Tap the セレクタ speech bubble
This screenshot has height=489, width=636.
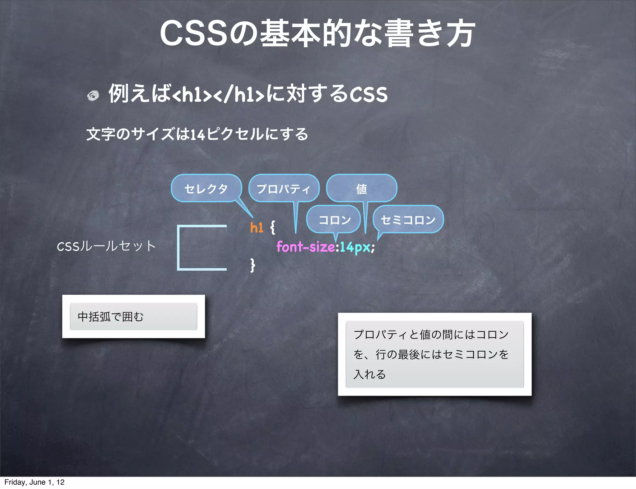[206, 188]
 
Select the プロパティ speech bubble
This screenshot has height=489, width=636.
[284, 188]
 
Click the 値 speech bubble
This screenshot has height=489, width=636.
[361, 188]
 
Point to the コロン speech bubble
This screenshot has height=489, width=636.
[334, 220]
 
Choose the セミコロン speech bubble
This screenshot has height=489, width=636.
[408, 220]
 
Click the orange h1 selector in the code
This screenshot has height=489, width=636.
[257, 228]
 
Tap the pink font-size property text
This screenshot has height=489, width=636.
[306, 247]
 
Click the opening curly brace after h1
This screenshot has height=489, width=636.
[272, 227]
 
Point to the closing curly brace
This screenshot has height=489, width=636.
[253, 265]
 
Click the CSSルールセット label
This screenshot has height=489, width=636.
[106, 246]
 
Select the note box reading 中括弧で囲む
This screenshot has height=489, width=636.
[134, 316]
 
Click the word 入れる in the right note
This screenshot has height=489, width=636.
[370, 374]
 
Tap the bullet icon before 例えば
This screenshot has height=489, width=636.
[93, 95]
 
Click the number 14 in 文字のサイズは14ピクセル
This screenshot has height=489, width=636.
[198, 135]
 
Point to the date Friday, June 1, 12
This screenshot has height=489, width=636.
[34, 482]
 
